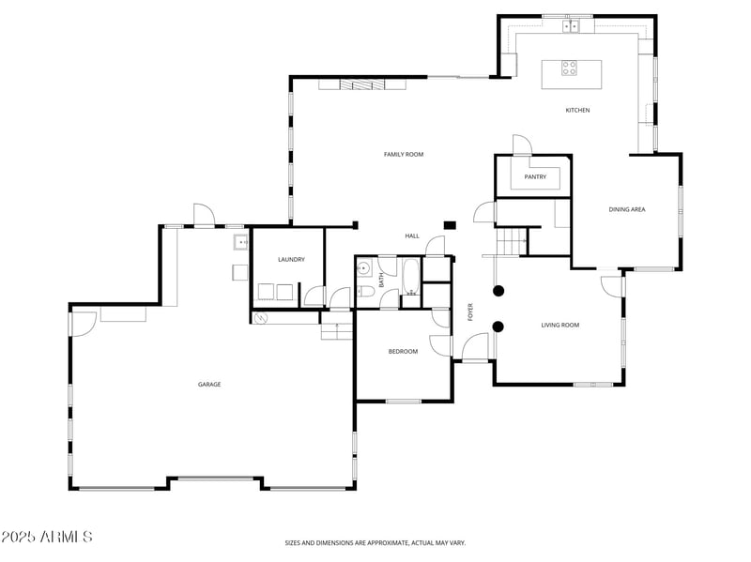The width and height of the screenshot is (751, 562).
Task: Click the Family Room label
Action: [x=404, y=154]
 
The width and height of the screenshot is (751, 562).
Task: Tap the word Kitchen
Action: [x=577, y=110]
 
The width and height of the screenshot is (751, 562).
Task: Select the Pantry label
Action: [x=535, y=176]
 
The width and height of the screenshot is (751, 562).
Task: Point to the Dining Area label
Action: [x=627, y=209]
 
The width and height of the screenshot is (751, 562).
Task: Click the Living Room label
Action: [x=559, y=325]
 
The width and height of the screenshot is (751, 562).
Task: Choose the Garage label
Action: [x=209, y=384]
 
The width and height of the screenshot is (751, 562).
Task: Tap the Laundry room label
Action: [x=291, y=260]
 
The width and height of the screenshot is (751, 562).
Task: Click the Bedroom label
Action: [x=403, y=352]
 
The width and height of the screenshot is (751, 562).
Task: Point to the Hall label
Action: [x=412, y=235]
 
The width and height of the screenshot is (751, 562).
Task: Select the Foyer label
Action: [x=470, y=312]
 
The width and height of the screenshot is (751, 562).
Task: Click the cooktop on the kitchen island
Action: [x=569, y=68]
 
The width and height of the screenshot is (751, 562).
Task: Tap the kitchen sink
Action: [x=571, y=26]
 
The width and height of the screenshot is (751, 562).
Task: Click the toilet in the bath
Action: [x=365, y=291]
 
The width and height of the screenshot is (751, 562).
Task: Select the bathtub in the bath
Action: [x=411, y=278]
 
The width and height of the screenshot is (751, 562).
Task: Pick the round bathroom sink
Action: [x=363, y=268]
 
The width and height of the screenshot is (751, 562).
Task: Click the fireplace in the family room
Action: [x=362, y=84]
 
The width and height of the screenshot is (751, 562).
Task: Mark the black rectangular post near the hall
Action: [x=450, y=225]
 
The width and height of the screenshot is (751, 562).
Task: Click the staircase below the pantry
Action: [x=511, y=241]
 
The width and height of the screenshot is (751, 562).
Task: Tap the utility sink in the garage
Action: [x=240, y=242]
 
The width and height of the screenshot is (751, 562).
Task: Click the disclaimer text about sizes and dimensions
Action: [x=375, y=543]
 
